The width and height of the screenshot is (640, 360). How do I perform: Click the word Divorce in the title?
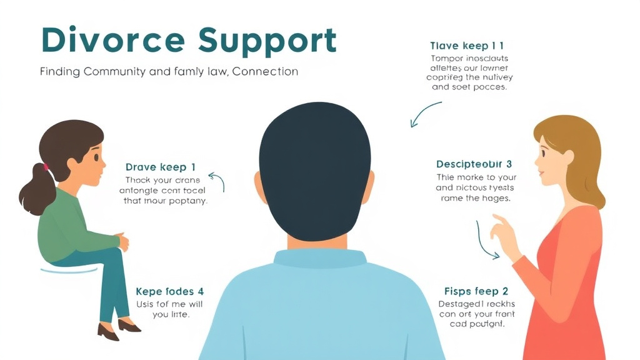point(113,41)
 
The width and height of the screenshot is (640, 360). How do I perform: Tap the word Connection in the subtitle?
point(265,71)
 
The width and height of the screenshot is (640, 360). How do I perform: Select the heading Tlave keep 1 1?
point(467,46)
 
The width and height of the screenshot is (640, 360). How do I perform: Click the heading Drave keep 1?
point(161,167)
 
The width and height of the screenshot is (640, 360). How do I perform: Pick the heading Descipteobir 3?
point(474,164)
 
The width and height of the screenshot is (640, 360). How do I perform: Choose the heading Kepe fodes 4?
point(169,291)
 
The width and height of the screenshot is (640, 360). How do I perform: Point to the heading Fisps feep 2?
point(476,291)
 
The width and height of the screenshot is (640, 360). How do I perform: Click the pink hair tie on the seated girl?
point(45,167)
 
